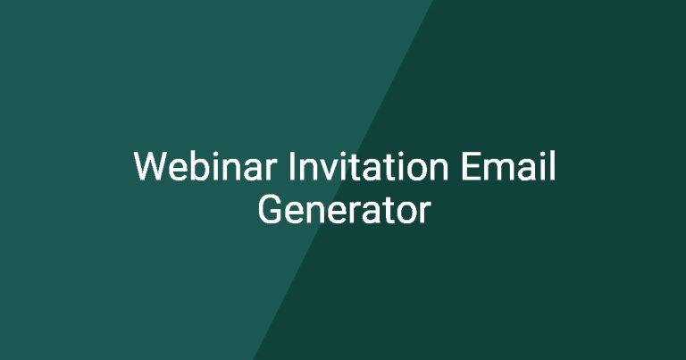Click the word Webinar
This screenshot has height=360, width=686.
point(205,166)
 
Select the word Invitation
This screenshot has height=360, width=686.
point(368,166)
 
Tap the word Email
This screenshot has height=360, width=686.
point(508,166)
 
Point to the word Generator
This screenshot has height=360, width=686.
point(344,210)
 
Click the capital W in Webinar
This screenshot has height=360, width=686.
point(151,166)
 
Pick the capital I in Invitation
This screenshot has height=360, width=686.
point(291,166)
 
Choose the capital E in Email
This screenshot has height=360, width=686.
point(471,166)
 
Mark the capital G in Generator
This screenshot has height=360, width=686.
point(269,210)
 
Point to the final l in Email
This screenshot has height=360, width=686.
point(553,166)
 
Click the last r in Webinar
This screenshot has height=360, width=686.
point(272,170)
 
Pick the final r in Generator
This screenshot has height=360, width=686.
point(425,213)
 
